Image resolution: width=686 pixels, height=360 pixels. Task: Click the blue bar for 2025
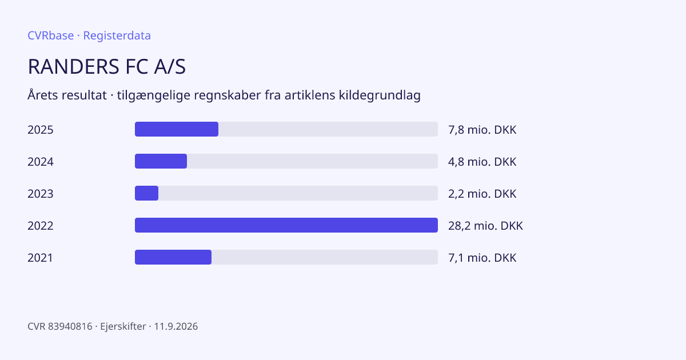pyautogui.click(x=177, y=129)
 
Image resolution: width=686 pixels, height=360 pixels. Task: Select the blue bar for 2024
pyautogui.click(x=161, y=161)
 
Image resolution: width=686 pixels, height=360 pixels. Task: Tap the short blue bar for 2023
pyautogui.click(x=147, y=193)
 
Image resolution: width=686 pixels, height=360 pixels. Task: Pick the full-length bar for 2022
pyautogui.click(x=286, y=225)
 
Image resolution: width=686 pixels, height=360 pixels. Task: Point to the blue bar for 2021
pyautogui.click(x=173, y=257)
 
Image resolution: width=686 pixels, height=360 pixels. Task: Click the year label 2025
pyautogui.click(x=41, y=130)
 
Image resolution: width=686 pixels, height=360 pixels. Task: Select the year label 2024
pyautogui.click(x=41, y=162)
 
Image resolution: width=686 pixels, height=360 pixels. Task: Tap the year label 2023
pyautogui.click(x=41, y=194)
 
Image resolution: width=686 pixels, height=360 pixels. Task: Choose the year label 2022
pyautogui.click(x=41, y=226)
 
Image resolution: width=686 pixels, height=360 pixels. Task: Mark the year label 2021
pyautogui.click(x=40, y=258)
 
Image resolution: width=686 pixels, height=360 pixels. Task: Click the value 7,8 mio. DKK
pyautogui.click(x=482, y=130)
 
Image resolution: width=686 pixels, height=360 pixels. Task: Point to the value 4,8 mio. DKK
pyautogui.click(x=482, y=162)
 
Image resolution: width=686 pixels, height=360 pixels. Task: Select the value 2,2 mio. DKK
pyautogui.click(x=482, y=194)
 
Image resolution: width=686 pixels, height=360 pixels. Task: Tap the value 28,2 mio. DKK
pyautogui.click(x=485, y=226)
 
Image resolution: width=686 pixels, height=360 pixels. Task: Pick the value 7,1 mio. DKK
pyautogui.click(x=482, y=258)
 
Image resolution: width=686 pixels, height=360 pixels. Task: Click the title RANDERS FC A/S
pyautogui.click(x=106, y=66)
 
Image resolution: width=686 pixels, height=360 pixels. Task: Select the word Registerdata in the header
pyautogui.click(x=117, y=35)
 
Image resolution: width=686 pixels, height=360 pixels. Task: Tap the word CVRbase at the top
pyautogui.click(x=50, y=35)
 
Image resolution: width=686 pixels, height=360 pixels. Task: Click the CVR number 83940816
pyautogui.click(x=70, y=326)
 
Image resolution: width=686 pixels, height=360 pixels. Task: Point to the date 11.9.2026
pyautogui.click(x=176, y=326)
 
